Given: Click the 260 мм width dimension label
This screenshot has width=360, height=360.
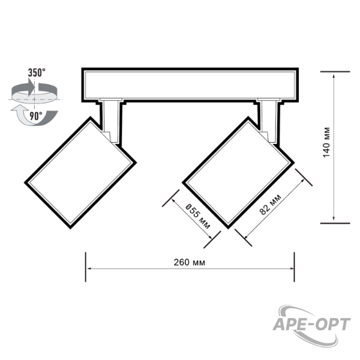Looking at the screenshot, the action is [x=189, y=262].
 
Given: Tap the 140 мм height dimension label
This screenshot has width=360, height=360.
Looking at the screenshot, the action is [x=326, y=142].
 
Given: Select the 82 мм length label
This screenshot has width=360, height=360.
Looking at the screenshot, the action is [x=270, y=205].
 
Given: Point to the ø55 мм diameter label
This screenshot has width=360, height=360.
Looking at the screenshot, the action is [x=197, y=216].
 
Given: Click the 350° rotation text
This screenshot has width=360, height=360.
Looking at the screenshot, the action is [x=37, y=73].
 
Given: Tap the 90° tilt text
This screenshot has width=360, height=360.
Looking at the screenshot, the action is [x=36, y=116].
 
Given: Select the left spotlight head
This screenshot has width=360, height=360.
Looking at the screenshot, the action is [x=80, y=173].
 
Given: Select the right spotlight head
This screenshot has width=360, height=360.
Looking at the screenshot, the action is [x=238, y=173].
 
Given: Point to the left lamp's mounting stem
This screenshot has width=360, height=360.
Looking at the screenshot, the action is [x=111, y=122].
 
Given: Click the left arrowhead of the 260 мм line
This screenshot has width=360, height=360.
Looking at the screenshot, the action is [x=89, y=268].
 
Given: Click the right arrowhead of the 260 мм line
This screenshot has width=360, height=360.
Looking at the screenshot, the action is [x=292, y=268].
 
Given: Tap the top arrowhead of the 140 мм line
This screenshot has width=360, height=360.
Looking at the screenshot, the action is [x=334, y=76].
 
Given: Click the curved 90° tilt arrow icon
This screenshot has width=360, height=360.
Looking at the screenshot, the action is [x=34, y=117].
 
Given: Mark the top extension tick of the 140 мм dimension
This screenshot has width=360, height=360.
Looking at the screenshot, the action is [x=335, y=71].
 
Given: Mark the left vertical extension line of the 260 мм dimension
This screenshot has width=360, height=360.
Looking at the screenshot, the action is [x=86, y=267].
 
